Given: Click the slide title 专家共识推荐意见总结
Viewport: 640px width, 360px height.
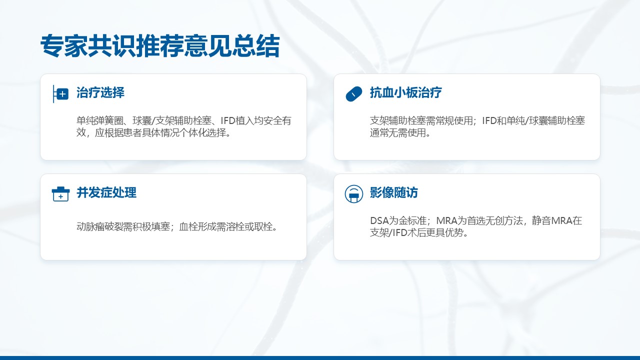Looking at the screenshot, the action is pyautogui.click(x=160, y=45).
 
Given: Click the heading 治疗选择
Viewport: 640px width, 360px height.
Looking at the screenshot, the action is pyautogui.click(x=100, y=92).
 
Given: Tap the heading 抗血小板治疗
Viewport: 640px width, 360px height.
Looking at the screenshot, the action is pyautogui.click(x=405, y=92).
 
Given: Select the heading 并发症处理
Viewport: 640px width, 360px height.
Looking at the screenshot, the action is pyautogui.click(x=106, y=192).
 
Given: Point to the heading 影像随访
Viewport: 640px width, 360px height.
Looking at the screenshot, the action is pyautogui.click(x=393, y=192).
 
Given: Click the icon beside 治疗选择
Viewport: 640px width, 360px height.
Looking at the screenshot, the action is pyautogui.click(x=60, y=93).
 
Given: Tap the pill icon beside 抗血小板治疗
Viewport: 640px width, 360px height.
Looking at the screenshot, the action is pyautogui.click(x=353, y=93).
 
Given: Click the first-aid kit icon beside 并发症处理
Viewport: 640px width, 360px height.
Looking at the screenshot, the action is pyautogui.click(x=60, y=194).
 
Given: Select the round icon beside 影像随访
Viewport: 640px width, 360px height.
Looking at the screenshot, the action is pyautogui.click(x=353, y=194).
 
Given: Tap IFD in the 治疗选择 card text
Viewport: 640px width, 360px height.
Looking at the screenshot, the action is pyautogui.click(x=228, y=120).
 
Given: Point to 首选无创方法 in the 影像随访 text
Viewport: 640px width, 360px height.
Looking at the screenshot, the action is pyautogui.click(x=494, y=220).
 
